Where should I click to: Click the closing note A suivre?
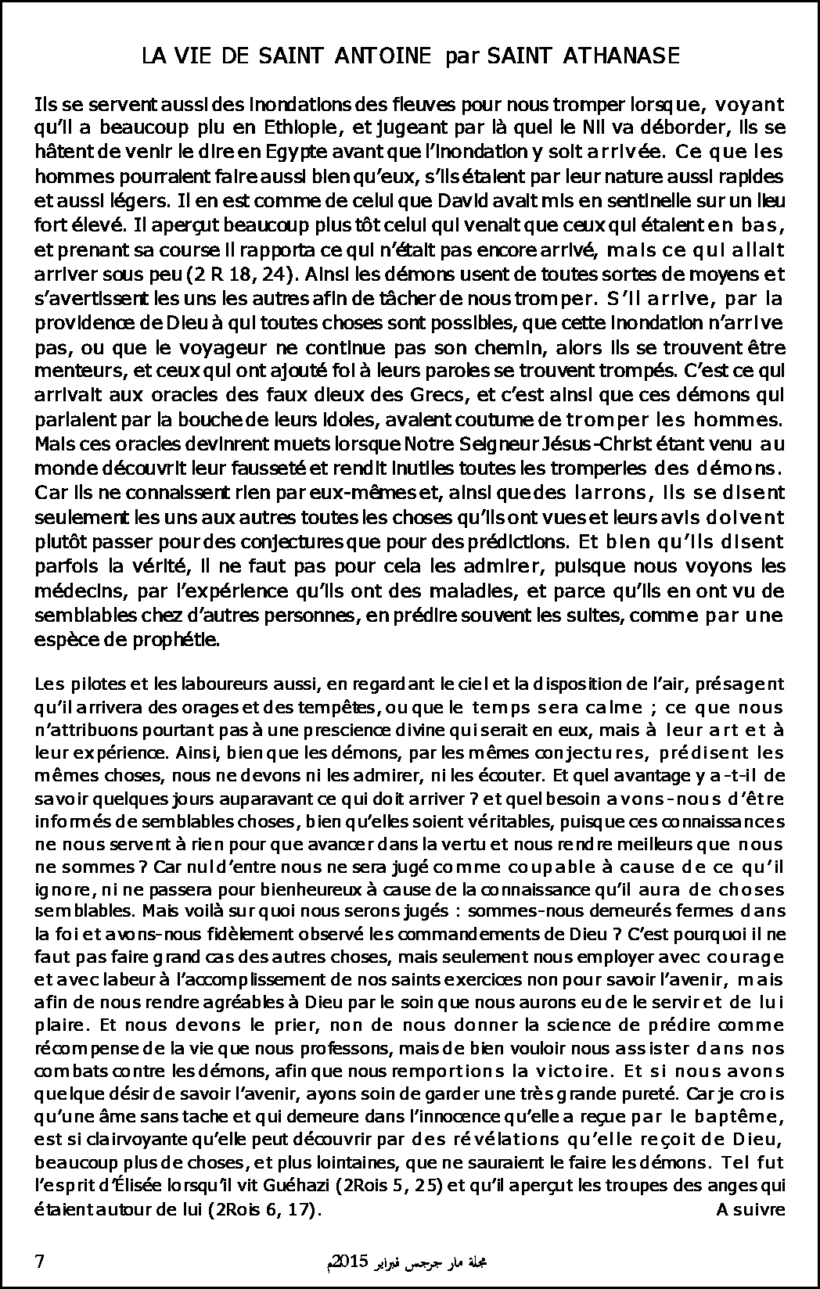[750, 1209]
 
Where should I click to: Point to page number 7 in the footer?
[41, 1262]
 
